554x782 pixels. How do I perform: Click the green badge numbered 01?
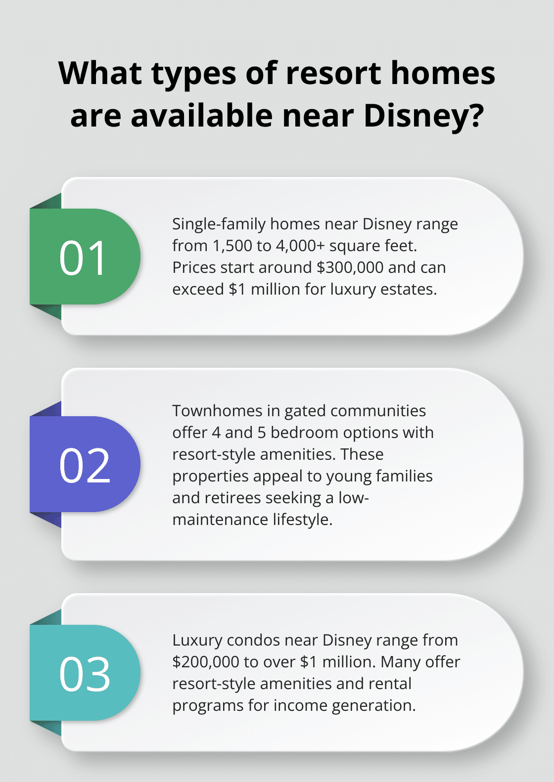pos(84,257)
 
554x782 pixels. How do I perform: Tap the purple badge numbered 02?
pos(84,465)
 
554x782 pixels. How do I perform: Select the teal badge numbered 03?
pos(84,673)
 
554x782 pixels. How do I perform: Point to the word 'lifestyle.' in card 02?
pos(303,520)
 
